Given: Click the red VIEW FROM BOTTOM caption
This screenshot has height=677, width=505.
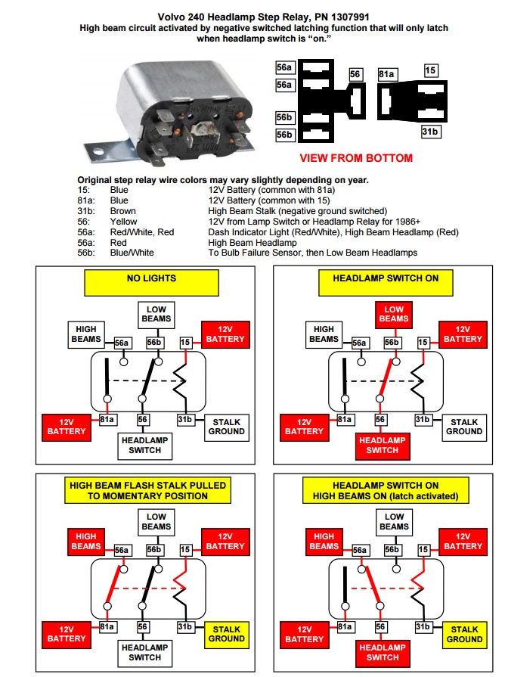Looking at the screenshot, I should pyautogui.click(x=356, y=158).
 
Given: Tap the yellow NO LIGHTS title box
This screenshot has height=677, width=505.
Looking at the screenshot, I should pyautogui.click(x=150, y=278).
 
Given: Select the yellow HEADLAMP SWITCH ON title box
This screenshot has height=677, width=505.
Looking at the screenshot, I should pyautogui.click(x=385, y=278).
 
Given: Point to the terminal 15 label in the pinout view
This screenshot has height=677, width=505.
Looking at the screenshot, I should pyautogui.click(x=431, y=71).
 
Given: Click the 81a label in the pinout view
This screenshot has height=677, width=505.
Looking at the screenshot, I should pyautogui.click(x=386, y=74).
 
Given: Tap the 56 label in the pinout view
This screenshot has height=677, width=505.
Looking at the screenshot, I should pyautogui.click(x=355, y=74).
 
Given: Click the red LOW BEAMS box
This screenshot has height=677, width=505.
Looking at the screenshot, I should pyautogui.click(x=393, y=314).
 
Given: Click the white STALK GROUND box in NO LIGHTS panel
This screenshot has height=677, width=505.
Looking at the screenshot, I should pyautogui.click(x=227, y=427).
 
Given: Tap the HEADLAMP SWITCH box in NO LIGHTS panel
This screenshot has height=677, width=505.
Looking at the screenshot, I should pyautogui.click(x=144, y=445).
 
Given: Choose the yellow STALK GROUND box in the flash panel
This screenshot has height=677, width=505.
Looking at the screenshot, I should pyautogui.click(x=227, y=634).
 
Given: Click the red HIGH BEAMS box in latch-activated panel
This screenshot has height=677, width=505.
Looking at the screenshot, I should pyautogui.click(x=324, y=541).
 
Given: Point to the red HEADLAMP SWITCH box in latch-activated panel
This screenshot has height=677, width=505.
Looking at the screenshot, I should pyautogui.click(x=382, y=652).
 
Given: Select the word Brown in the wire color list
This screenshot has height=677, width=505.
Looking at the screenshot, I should pyautogui.click(x=122, y=211).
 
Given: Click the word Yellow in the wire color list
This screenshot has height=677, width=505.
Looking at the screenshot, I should pyautogui.click(x=123, y=222).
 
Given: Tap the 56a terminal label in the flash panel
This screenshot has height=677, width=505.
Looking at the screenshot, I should pyautogui.click(x=122, y=551).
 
